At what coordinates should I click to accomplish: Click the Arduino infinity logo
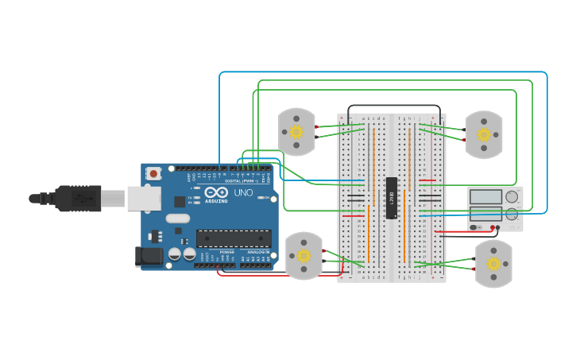(x=211, y=192)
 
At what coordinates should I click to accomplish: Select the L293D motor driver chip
(x=392, y=197)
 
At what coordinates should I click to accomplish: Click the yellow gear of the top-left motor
(x=296, y=131)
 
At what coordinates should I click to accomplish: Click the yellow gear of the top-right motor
(x=484, y=134)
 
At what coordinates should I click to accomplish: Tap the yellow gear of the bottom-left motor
(x=303, y=256)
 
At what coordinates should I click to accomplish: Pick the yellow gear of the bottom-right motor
(x=493, y=263)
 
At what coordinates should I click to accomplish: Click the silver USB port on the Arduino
(x=144, y=199)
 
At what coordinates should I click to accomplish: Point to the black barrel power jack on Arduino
(x=149, y=256)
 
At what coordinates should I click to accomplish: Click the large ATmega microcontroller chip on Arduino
(x=233, y=238)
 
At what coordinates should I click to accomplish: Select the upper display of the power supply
(x=485, y=196)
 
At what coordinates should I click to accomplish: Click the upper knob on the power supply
(x=512, y=196)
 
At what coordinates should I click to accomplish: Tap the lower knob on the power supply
(x=512, y=214)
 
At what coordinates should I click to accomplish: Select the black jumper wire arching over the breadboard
(x=393, y=106)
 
